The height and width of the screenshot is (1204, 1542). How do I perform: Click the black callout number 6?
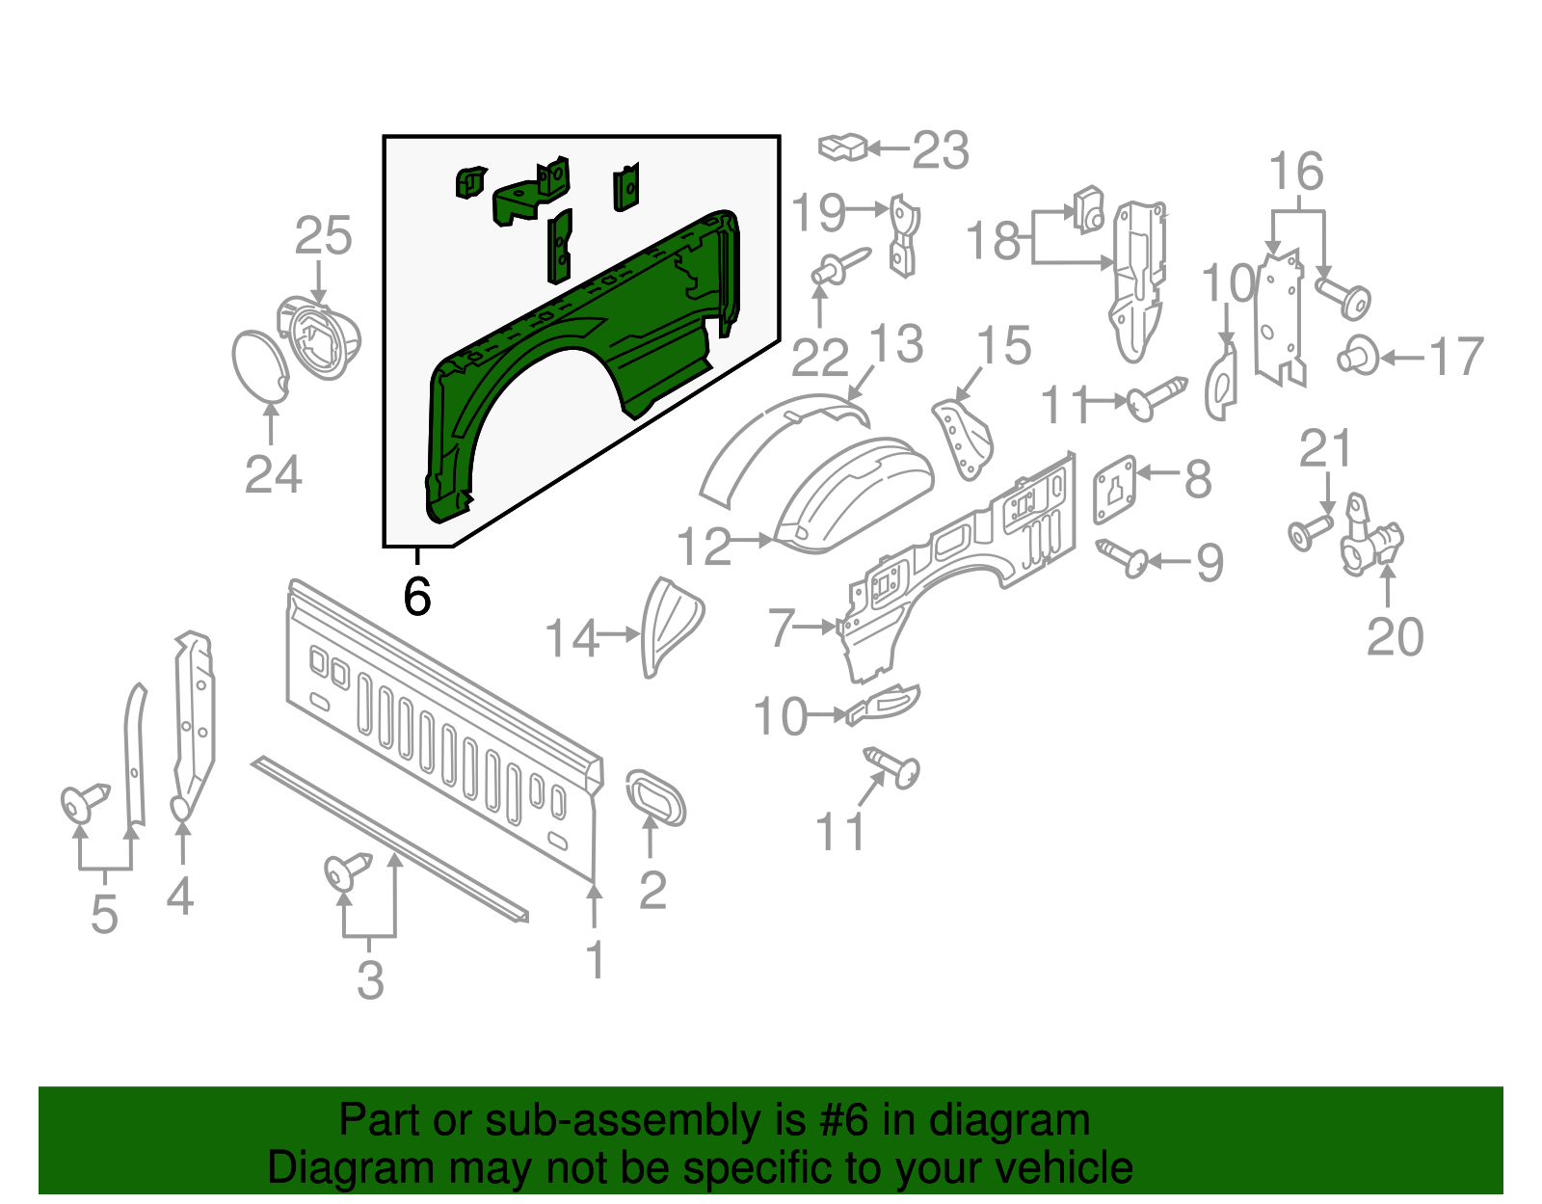point(416,597)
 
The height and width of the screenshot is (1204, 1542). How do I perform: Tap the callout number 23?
point(940,150)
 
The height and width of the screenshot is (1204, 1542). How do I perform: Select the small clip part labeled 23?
point(842,147)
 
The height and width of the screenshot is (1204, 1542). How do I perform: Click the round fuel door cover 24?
point(260,366)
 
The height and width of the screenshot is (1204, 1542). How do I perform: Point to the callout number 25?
point(323,236)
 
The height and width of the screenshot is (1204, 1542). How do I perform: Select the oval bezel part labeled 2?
point(656,796)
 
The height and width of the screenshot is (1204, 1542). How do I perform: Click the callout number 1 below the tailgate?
point(596,960)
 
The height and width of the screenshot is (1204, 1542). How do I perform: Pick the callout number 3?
point(370,980)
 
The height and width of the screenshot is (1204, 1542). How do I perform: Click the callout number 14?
point(572,638)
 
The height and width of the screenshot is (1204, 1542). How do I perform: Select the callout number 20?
point(1395,636)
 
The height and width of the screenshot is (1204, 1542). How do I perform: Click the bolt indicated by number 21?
point(1308,532)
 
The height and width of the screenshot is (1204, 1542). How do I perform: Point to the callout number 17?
point(1455,358)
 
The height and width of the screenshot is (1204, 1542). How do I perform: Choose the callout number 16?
point(1295,173)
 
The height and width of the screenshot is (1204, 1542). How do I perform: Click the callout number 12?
point(705,547)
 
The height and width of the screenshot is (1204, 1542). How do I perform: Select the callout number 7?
point(781,629)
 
